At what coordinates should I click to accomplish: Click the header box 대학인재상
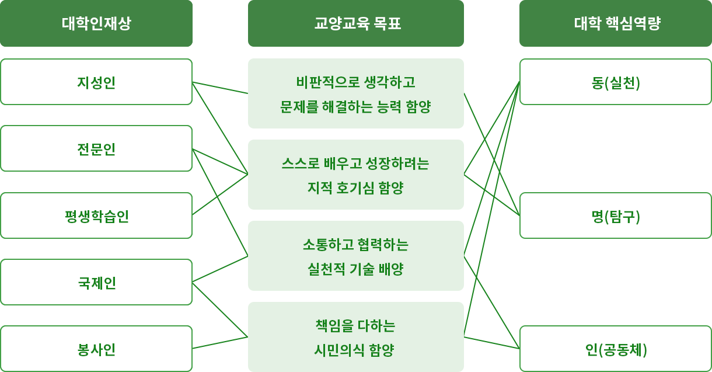96,23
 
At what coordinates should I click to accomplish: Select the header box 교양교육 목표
356,23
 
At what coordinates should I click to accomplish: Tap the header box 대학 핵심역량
616,23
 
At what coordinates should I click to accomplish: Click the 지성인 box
96,82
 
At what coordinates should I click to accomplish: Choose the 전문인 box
96,149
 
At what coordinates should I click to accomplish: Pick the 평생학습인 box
96,216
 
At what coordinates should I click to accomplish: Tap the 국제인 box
96,283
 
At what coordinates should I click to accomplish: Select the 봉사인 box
96,349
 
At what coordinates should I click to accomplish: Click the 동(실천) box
616,82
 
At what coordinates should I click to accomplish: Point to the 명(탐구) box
616,216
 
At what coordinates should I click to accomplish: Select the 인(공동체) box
616,349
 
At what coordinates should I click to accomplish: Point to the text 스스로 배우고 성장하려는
355,162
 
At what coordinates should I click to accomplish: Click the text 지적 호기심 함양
355,188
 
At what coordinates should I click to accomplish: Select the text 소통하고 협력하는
355,244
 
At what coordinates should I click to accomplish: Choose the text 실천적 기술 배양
355,269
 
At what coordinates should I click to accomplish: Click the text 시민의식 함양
355,350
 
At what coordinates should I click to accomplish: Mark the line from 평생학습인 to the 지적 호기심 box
221,194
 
